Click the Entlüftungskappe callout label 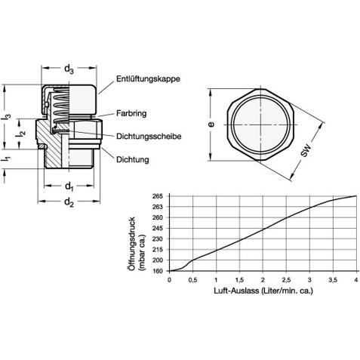point(148,78)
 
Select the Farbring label point(131,113)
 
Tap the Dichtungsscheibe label point(149,137)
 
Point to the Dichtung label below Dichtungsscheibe point(133,159)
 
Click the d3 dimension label point(69,69)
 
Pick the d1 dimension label point(69,187)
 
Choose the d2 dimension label point(69,202)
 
